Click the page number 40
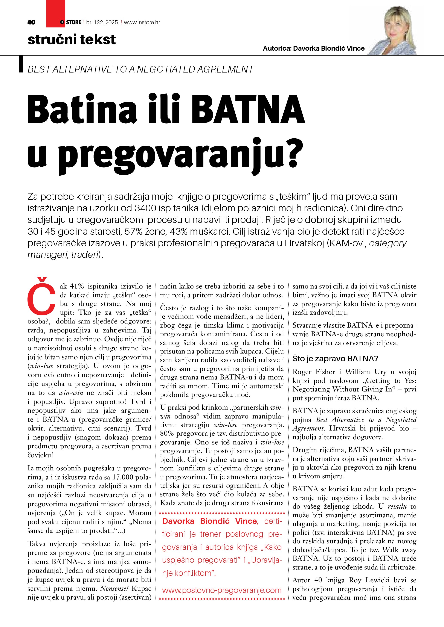pyautogui.click(x=31, y=22)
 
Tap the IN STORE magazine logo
pyautogui.click(x=70, y=22)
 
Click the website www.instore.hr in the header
pyautogui.click(x=142, y=22)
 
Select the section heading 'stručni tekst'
pyautogui.click(x=72, y=40)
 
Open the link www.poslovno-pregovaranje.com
pyautogui.click(x=222, y=590)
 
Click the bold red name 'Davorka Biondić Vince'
pyautogui.click(x=210, y=521)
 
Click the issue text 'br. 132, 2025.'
pyautogui.click(x=102, y=22)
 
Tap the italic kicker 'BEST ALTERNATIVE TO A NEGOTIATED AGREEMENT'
pyautogui.click(x=140, y=69)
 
